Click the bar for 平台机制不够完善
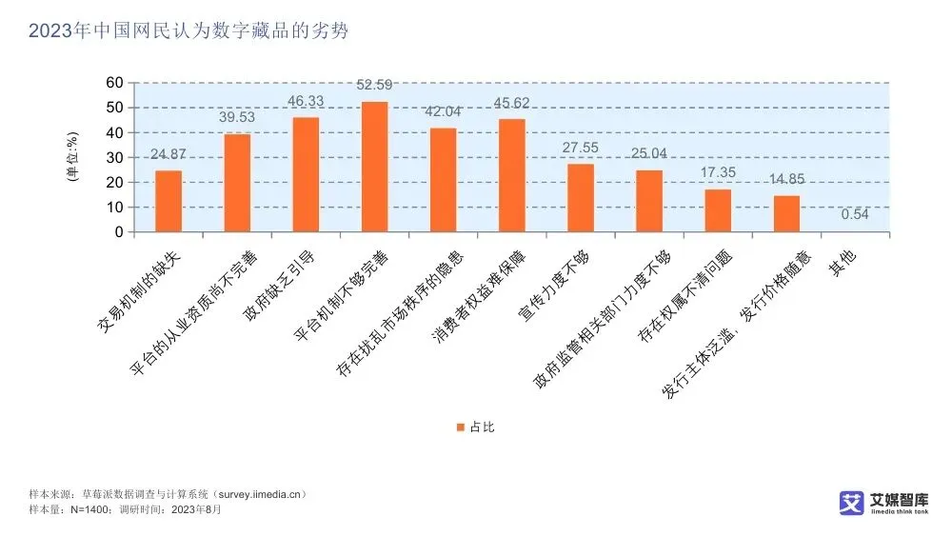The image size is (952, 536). pos(374,167)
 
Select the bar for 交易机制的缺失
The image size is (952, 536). pos(169,201)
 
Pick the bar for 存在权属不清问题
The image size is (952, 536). pos(718,210)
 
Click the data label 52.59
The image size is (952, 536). pos(374,86)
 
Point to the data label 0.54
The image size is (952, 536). pos(855,214)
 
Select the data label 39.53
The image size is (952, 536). pos(237,117)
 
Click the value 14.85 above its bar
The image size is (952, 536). pos(786,178)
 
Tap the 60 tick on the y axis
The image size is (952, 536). pos(114,84)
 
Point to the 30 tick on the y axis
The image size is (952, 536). pos(114,158)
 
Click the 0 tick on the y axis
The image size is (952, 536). pos(119,232)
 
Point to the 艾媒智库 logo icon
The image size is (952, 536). pos(850,503)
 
